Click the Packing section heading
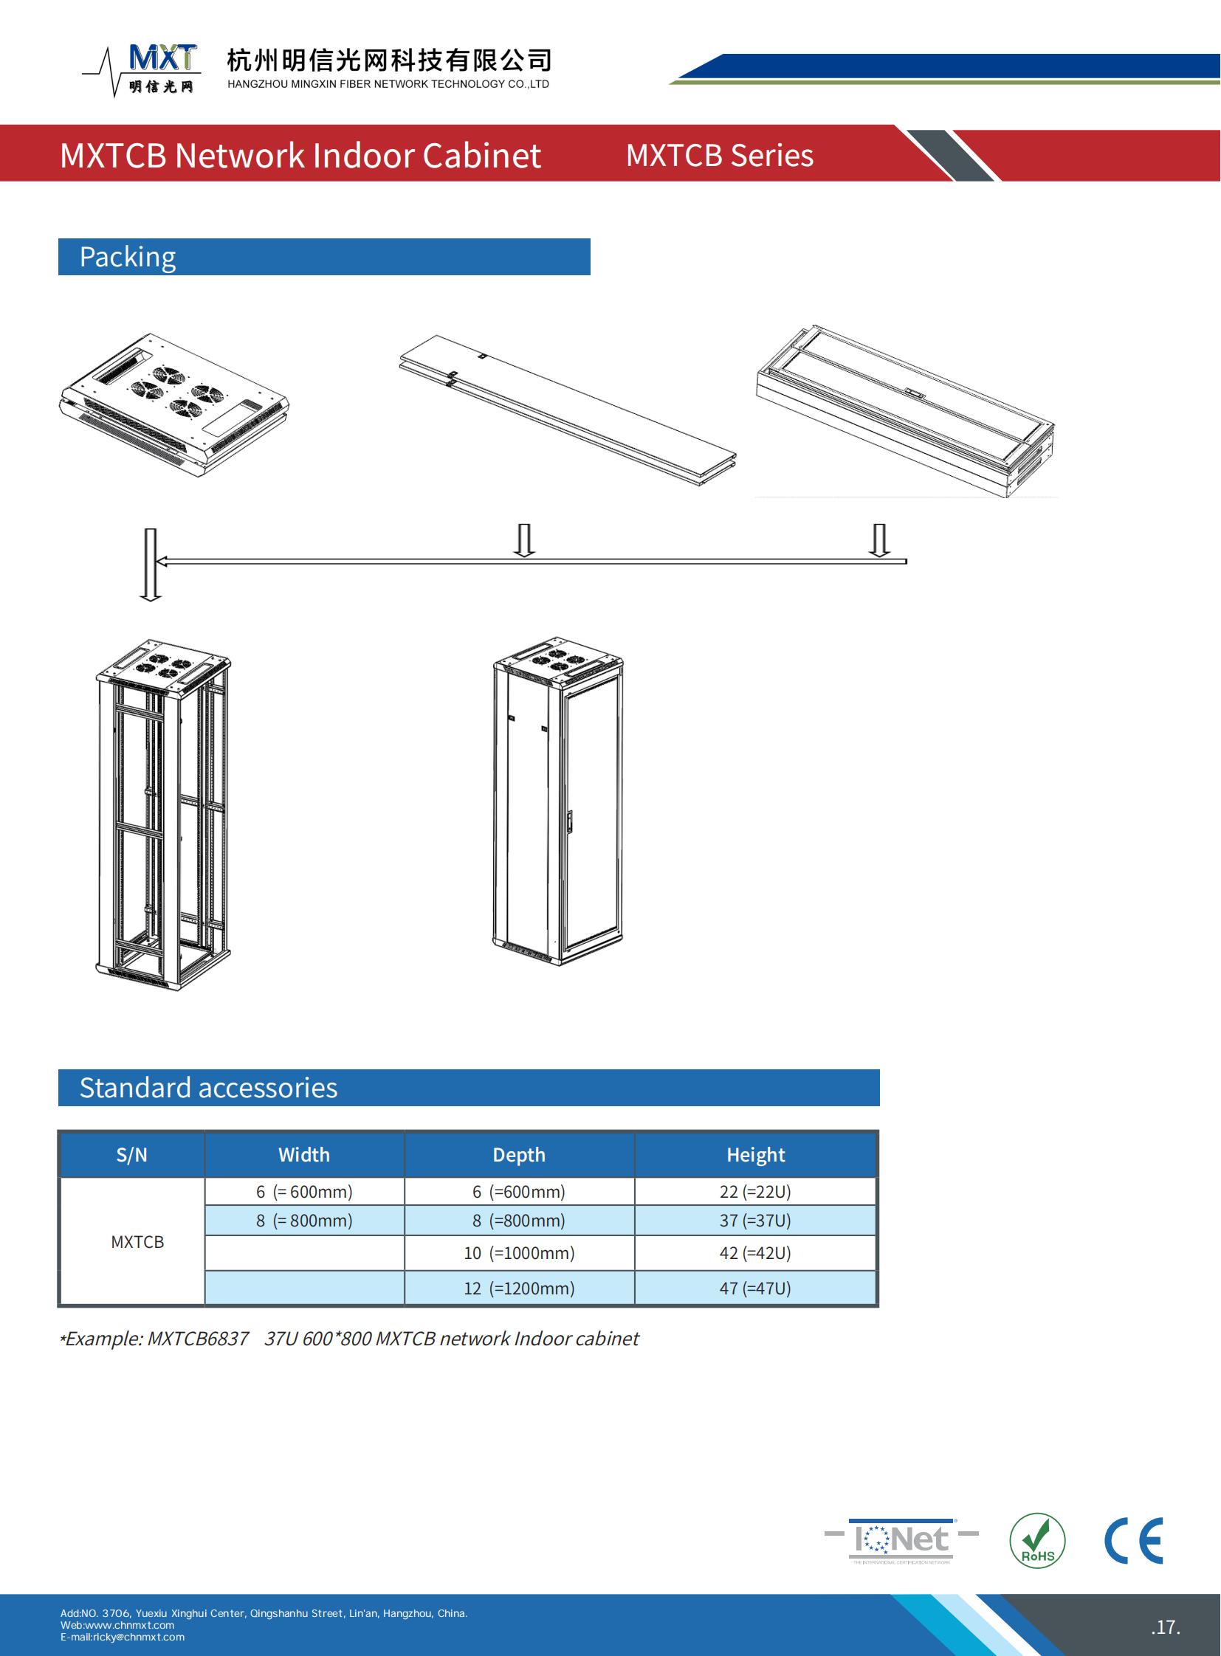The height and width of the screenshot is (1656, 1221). tap(127, 257)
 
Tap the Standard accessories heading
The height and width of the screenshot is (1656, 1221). tap(207, 1088)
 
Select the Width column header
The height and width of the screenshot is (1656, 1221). tap(303, 1155)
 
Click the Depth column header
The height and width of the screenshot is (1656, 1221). tap(519, 1155)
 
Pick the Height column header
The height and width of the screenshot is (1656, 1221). tap(755, 1155)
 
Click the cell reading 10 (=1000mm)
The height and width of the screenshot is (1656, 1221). tap(519, 1253)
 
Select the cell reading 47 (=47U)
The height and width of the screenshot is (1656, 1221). tap(755, 1288)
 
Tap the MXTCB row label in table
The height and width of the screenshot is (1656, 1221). tap(137, 1242)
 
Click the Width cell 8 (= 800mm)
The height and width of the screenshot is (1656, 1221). tap(303, 1221)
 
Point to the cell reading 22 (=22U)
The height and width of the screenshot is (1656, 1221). tap(755, 1192)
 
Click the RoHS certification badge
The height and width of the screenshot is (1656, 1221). tap(1037, 1541)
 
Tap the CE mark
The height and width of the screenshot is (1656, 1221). tap(1134, 1541)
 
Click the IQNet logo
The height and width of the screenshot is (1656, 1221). tap(901, 1540)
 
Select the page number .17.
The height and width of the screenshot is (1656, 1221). tap(1166, 1627)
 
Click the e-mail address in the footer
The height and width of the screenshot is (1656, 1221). tap(123, 1637)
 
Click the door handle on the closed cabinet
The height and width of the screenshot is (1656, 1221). tap(570, 821)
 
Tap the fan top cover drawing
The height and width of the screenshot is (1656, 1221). tap(173, 405)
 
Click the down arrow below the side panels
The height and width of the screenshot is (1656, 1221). tap(524, 539)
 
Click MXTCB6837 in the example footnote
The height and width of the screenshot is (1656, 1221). tap(198, 1339)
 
